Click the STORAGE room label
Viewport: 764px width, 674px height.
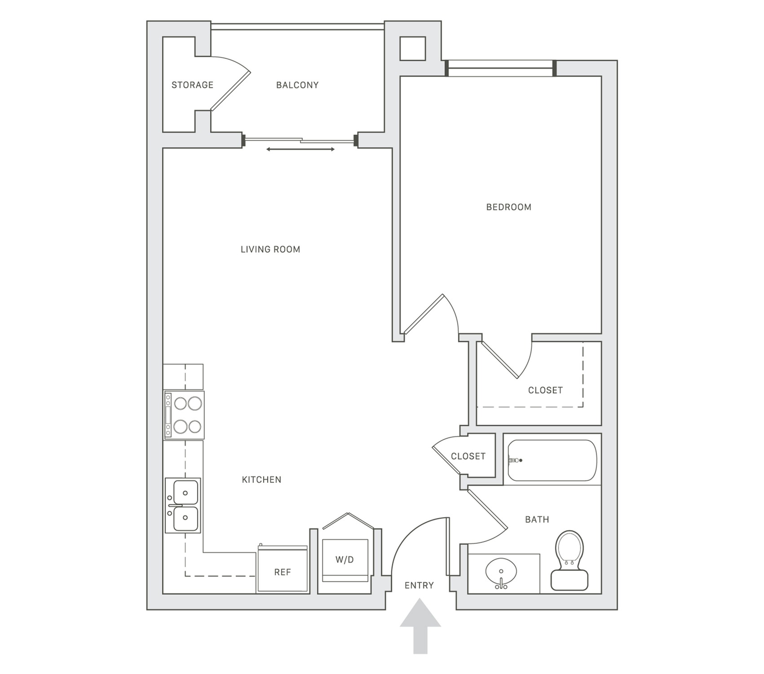pos(192,85)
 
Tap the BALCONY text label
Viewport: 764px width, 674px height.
pos(297,85)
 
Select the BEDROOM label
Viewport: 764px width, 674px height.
pos(508,207)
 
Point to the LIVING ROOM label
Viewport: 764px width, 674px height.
pos(270,249)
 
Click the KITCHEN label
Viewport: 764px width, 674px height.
pos(261,480)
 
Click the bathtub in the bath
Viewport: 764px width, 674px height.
pos(552,460)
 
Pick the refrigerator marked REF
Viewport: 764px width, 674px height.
pos(283,569)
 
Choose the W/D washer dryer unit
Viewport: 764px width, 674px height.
pos(345,559)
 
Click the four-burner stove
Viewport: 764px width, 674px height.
pos(184,415)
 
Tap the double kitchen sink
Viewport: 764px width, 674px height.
pos(183,505)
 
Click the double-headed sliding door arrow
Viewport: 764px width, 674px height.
pos(300,149)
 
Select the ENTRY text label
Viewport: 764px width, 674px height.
pos(419,585)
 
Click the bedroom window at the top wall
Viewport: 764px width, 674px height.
pos(500,69)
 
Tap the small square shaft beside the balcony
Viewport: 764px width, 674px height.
pos(412,48)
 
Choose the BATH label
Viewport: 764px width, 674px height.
pos(537,520)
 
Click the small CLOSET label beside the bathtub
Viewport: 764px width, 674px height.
pos(468,456)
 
